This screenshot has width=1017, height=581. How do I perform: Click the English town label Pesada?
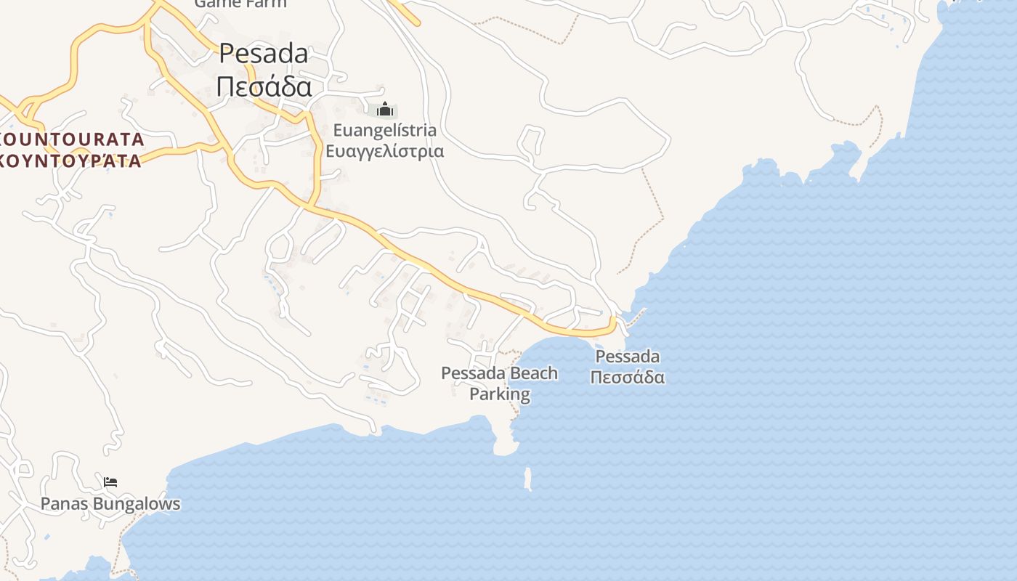coord(263,53)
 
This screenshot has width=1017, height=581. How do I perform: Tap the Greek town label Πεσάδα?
coord(264,87)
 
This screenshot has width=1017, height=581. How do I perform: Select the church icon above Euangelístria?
coord(385,110)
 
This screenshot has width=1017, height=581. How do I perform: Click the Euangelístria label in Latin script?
coord(384,131)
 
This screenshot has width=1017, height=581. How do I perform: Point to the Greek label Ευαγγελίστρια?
coord(384,151)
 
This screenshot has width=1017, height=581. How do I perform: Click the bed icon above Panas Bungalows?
coord(110,482)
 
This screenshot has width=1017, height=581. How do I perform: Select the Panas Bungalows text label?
coord(110,503)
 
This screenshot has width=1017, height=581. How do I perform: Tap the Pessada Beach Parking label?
coord(500,383)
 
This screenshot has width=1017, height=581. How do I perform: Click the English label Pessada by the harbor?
coord(628,357)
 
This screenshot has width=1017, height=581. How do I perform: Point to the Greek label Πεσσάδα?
coord(628,378)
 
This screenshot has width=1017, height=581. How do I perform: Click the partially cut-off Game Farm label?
coord(240,4)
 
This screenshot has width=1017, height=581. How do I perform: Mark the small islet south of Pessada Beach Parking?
coord(528,479)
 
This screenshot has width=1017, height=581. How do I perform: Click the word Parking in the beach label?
coord(500,394)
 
